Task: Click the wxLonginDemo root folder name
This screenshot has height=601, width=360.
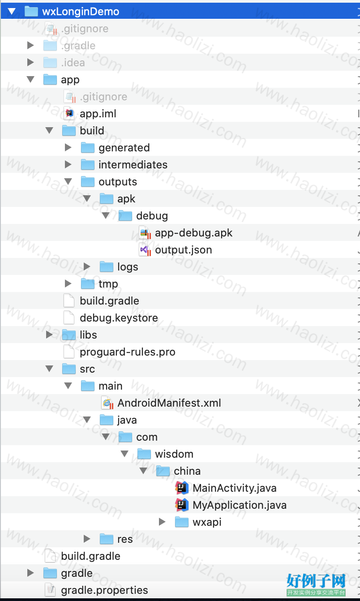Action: [81, 12]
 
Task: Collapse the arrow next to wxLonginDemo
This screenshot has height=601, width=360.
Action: [12, 11]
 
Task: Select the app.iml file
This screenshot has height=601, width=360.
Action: [98, 114]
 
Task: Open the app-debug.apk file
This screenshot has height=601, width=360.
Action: [194, 233]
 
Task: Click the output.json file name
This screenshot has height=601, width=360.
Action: [184, 250]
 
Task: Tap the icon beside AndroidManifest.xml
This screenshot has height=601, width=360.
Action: [107, 403]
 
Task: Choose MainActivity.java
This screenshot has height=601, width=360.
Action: [235, 488]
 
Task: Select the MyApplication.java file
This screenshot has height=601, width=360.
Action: [240, 505]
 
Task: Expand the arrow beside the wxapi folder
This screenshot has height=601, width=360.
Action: [162, 522]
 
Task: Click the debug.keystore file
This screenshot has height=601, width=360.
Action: [119, 318]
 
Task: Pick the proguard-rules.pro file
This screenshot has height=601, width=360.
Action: [128, 352]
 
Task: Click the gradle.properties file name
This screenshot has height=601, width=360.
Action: [104, 590]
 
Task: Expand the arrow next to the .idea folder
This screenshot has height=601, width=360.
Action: [30, 62]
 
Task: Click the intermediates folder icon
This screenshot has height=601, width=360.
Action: [87, 165]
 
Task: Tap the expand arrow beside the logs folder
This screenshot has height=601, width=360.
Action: [87, 267]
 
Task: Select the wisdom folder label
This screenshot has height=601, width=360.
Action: [174, 454]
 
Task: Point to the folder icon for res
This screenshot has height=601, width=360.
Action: [106, 539]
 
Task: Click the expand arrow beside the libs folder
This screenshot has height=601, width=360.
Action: [49, 335]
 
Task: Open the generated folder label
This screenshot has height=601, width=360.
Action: [124, 148]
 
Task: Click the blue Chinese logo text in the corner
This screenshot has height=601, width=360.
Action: [316, 581]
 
